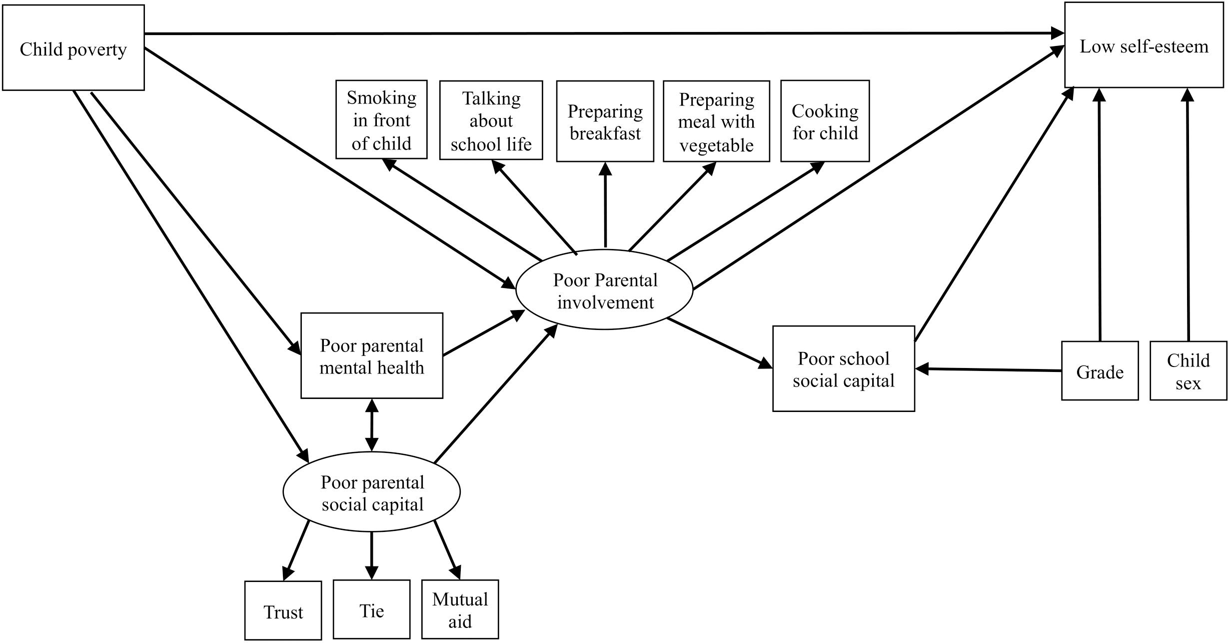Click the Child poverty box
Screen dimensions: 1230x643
(x=73, y=47)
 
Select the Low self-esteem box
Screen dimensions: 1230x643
(x=1144, y=45)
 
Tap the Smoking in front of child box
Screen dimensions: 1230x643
(x=381, y=119)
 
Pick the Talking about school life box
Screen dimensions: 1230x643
(x=491, y=120)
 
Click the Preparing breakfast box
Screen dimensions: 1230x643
(x=605, y=121)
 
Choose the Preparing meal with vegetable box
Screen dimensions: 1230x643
(x=716, y=121)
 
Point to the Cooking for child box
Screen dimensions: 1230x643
(x=825, y=121)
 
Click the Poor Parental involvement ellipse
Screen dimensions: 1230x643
(x=604, y=289)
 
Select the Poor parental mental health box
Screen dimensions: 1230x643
(x=372, y=356)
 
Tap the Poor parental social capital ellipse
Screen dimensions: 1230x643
(x=372, y=492)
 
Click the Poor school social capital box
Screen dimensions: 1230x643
(x=844, y=369)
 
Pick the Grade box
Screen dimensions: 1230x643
(x=1100, y=371)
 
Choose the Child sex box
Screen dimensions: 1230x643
(x=1189, y=371)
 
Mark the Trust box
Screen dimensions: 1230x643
(x=283, y=610)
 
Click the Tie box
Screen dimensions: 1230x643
(x=372, y=609)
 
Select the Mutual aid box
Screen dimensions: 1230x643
(x=460, y=609)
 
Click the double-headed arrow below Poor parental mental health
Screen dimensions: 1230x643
(x=372, y=425)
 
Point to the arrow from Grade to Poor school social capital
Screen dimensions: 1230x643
(x=989, y=370)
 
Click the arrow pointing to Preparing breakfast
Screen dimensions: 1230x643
(x=605, y=204)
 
